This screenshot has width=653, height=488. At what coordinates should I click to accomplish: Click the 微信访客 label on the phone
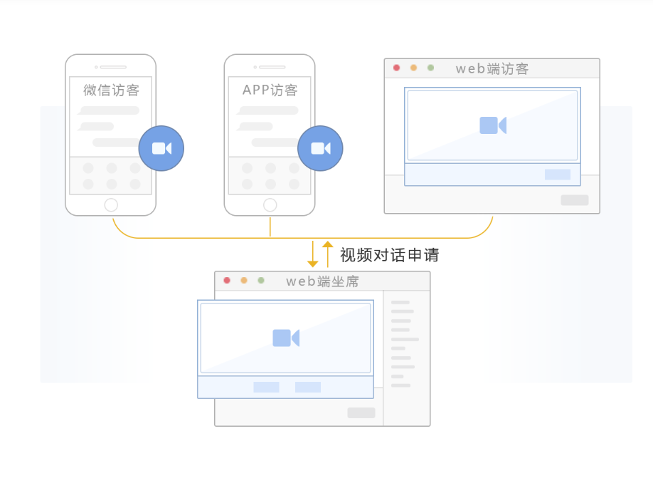coord(111,90)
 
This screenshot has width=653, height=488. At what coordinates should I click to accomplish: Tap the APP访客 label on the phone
coord(270,90)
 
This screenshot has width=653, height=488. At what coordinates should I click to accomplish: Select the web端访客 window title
coord(492,69)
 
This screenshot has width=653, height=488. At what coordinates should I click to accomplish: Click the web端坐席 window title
coord(322,281)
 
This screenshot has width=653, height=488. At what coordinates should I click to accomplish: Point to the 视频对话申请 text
coord(389,255)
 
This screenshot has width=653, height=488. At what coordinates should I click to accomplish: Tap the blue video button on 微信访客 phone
coord(161,148)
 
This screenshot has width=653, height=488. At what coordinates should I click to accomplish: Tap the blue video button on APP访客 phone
coord(320,148)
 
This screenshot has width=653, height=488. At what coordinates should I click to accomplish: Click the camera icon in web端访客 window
coord(493,125)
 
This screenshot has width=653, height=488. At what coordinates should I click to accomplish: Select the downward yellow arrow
coord(313,254)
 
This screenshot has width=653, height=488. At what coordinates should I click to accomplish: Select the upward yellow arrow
coord(327,254)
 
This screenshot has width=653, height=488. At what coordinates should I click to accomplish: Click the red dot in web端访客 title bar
coord(396,68)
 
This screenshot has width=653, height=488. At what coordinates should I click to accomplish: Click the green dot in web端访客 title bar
coord(430,68)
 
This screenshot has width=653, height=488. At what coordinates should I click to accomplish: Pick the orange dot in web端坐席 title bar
coord(244,280)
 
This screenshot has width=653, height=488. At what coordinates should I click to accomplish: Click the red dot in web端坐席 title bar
coord(227,280)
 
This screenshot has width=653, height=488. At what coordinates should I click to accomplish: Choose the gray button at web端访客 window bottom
coord(574,200)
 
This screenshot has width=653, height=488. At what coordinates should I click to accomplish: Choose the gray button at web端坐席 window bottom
coord(361,412)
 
